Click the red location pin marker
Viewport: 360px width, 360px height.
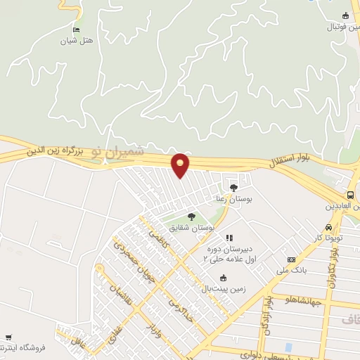pos(181,165)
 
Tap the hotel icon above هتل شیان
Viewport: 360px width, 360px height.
pos(76,30)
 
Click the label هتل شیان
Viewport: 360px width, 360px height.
pos(76,41)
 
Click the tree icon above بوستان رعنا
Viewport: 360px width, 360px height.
pos(233,188)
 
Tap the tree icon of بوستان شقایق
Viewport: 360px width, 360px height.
pos(191,217)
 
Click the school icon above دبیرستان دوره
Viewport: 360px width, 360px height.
pos(229,238)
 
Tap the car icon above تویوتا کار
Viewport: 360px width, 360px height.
pos(329,229)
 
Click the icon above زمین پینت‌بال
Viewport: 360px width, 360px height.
pos(223,278)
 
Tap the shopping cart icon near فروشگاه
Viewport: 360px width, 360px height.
pos(8,338)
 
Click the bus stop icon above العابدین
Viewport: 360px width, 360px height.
pos(351,195)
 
